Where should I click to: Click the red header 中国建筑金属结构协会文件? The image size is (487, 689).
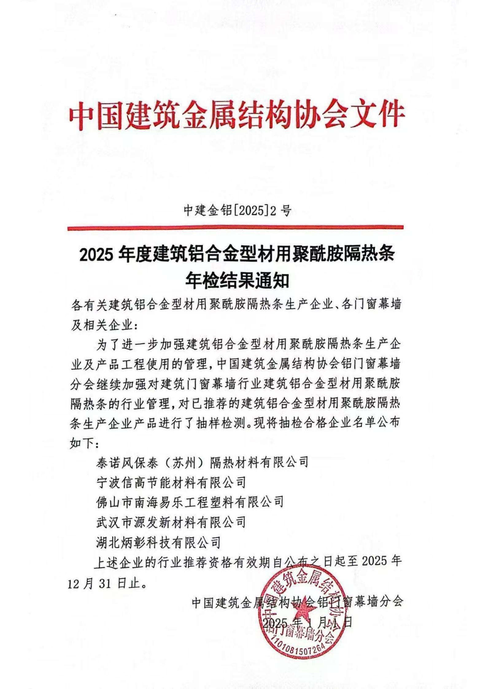236,114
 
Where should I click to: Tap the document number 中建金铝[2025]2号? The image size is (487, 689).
237,211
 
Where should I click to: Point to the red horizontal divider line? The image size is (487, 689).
235,228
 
